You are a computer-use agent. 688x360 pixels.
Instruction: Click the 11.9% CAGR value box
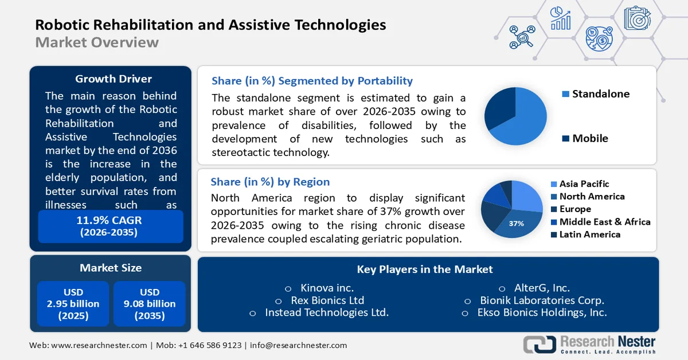tap(110, 226)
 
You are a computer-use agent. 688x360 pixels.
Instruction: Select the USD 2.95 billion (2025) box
tap(73, 304)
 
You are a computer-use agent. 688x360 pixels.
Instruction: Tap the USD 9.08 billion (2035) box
tap(149, 304)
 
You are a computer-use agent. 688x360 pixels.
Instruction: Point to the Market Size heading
tap(110, 268)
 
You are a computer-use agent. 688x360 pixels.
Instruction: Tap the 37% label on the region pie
tap(516, 224)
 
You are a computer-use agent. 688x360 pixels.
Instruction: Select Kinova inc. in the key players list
tap(327, 288)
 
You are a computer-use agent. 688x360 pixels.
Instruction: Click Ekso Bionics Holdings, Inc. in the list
tap(542, 312)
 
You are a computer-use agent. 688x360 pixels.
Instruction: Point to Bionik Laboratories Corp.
tap(542, 300)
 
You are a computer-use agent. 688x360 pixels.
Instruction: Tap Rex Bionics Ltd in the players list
tap(327, 300)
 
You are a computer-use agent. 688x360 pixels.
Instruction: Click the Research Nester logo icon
tap(540, 344)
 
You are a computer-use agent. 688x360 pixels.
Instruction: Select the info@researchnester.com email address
tap(298, 345)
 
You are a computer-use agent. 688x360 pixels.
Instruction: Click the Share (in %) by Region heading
tap(270, 182)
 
